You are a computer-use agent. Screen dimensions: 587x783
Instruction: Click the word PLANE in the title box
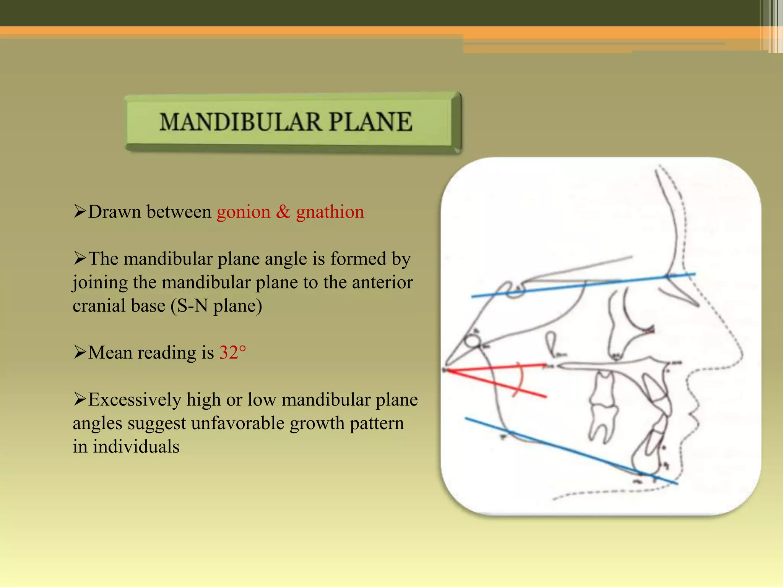[370, 122]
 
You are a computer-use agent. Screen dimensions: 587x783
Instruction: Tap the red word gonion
[244, 212]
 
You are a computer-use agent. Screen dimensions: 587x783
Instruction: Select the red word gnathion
[330, 212]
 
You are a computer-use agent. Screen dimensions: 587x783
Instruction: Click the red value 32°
[232, 353]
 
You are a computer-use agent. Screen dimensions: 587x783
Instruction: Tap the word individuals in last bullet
[136, 447]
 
